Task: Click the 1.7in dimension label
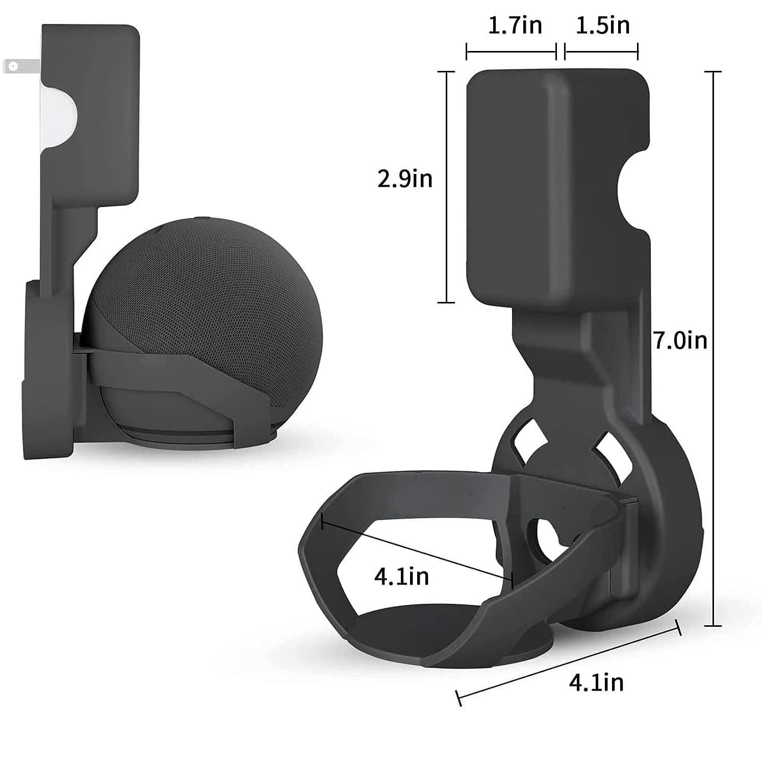(515, 25)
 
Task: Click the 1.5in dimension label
(602, 25)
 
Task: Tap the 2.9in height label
(405, 178)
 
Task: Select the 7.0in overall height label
(680, 340)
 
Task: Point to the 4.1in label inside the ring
(401, 576)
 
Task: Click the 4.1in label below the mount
(596, 682)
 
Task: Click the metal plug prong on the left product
(20, 66)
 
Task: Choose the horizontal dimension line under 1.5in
(601, 52)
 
